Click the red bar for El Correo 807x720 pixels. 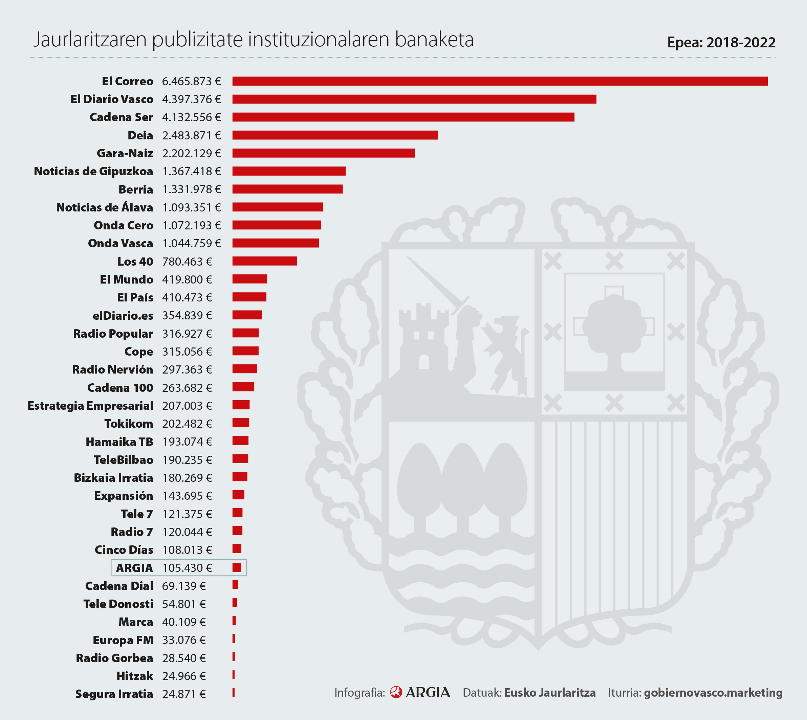pyautogui.click(x=500, y=81)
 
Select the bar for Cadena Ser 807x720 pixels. pyautogui.click(x=403, y=117)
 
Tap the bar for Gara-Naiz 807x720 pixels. pyautogui.click(x=323, y=153)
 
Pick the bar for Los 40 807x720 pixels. pyautogui.click(x=264, y=261)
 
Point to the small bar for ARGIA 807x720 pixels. pyautogui.click(x=237, y=568)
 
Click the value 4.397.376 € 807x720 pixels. pyautogui.click(x=191, y=99)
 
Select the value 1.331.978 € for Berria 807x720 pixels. pyautogui.click(x=191, y=189)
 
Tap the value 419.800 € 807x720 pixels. pyautogui.click(x=187, y=280)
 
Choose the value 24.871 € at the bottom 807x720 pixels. pyautogui.click(x=184, y=694)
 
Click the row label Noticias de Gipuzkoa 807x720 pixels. pyautogui.click(x=93, y=171)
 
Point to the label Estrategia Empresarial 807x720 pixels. pyautogui.click(x=90, y=406)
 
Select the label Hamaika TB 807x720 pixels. pyautogui.click(x=119, y=442)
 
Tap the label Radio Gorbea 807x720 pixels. pyautogui.click(x=114, y=658)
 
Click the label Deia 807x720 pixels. pyautogui.click(x=140, y=135)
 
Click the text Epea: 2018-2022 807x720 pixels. pyautogui.click(x=721, y=42)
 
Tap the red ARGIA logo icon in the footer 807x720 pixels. pyautogui.click(x=395, y=692)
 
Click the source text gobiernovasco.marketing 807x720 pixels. pyautogui.click(x=713, y=693)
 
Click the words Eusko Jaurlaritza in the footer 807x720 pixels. pyautogui.click(x=549, y=693)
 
